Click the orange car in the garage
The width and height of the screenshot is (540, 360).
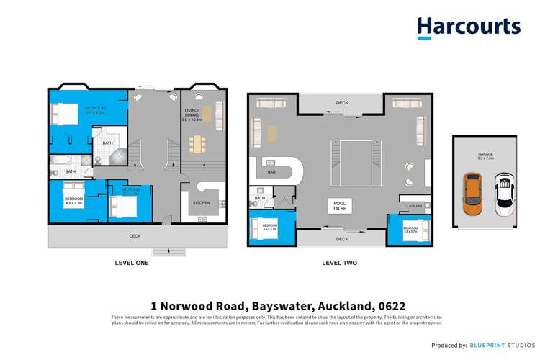pyautogui.click(x=472, y=194)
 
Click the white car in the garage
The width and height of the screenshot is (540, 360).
pyautogui.click(x=505, y=194)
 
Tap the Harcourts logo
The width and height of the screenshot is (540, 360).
pyautogui.click(x=468, y=27)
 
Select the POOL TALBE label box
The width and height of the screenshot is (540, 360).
pyautogui.click(x=340, y=207)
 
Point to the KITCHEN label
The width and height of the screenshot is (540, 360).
pyautogui.click(x=202, y=203)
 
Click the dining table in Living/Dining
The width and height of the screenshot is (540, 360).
pyautogui.click(x=197, y=145)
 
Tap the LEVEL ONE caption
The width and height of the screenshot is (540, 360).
pyautogui.click(x=132, y=263)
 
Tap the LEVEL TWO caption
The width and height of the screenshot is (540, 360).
pyautogui.click(x=339, y=263)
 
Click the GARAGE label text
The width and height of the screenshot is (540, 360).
pyautogui.click(x=485, y=154)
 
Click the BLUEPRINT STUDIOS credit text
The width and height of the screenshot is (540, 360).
pyautogui.click(x=500, y=346)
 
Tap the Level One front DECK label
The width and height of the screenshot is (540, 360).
pyautogui.click(x=135, y=235)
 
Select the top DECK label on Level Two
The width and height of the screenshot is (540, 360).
pyautogui.click(x=342, y=103)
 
